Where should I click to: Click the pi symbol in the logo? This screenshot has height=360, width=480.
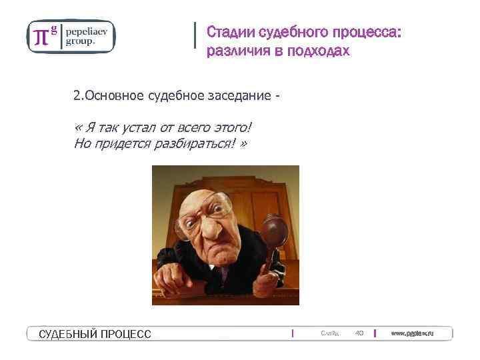(41, 37)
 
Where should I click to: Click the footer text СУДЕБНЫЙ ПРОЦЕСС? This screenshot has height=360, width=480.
(95, 333)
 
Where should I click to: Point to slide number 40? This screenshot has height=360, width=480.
(359, 333)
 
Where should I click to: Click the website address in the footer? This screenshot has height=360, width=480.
(412, 333)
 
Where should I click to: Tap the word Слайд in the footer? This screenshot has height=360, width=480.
(329, 333)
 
